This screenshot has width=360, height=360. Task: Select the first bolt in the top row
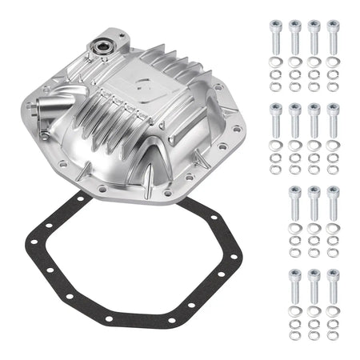tap(275, 36)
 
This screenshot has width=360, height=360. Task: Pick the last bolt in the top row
tap(333, 36)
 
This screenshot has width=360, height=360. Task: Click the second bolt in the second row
tap(294, 120)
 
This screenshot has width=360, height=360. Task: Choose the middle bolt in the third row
tap(314, 203)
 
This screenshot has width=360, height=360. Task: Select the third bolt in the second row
tap(314, 120)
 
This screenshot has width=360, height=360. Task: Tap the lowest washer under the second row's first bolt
tap(275, 170)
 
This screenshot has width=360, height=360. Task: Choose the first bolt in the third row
tap(294, 203)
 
